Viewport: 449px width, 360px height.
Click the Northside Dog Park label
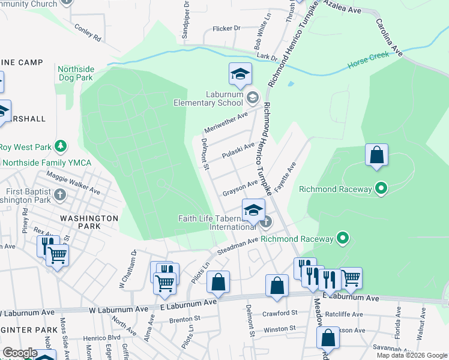(x=76, y=73)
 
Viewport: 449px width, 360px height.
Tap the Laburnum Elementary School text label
(x=208, y=98)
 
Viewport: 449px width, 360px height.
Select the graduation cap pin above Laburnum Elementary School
(x=240, y=74)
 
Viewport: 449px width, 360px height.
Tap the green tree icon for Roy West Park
(x=60, y=146)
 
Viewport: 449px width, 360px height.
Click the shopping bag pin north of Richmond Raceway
(x=376, y=155)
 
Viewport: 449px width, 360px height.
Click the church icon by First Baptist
(x=60, y=194)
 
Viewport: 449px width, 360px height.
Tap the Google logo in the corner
(x=20, y=353)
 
